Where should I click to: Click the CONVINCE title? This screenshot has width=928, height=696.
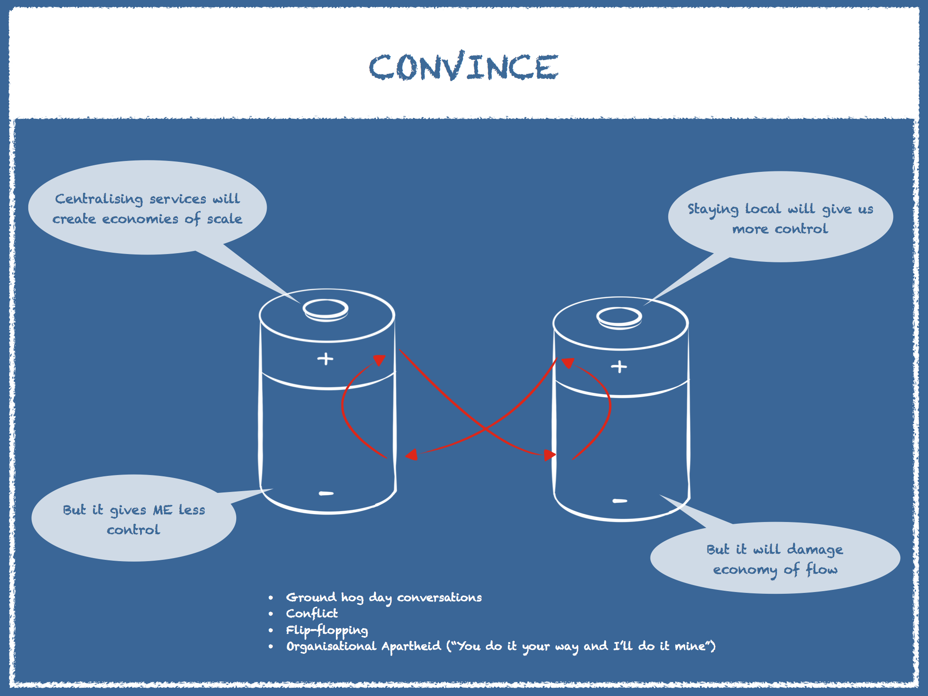point(464,66)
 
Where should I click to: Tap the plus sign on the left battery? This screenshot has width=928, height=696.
point(325,359)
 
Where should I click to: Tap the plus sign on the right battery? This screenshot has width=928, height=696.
point(619,367)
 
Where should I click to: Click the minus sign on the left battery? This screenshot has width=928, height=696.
point(326,493)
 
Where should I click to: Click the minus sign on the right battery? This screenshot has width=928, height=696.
point(620,501)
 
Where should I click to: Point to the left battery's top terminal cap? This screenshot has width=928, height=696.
point(325,310)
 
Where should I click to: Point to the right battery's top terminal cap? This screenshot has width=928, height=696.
point(619,318)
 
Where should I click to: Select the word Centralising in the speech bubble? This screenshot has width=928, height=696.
point(99,199)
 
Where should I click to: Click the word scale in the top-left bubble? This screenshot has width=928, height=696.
point(224,218)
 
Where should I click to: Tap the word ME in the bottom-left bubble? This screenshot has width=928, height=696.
point(163,510)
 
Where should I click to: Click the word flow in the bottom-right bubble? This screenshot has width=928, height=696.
point(821,569)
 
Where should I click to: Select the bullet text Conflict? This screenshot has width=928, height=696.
point(312,613)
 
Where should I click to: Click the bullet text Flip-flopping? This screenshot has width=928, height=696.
point(327,630)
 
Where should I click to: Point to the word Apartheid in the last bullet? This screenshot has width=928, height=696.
point(411,646)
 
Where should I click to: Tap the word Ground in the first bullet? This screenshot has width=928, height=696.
point(311,597)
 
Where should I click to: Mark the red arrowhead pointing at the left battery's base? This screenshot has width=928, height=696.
point(412,455)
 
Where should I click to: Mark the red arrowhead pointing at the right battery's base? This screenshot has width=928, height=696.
point(550,455)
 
